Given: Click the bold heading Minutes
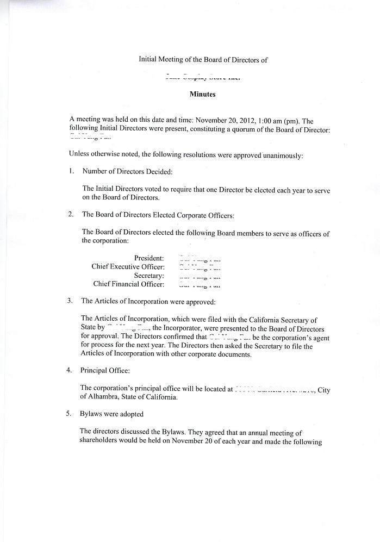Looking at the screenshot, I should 202,94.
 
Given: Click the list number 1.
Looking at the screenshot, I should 71,172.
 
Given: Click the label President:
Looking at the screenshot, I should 149,258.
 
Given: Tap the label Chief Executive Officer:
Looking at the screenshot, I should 128,266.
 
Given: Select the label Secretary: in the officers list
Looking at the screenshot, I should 149,275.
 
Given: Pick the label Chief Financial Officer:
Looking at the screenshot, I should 128,284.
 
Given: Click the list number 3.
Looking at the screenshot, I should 70,301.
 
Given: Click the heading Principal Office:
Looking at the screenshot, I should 105,371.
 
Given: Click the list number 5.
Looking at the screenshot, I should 69,414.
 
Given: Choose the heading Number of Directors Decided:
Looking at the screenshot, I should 127,172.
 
